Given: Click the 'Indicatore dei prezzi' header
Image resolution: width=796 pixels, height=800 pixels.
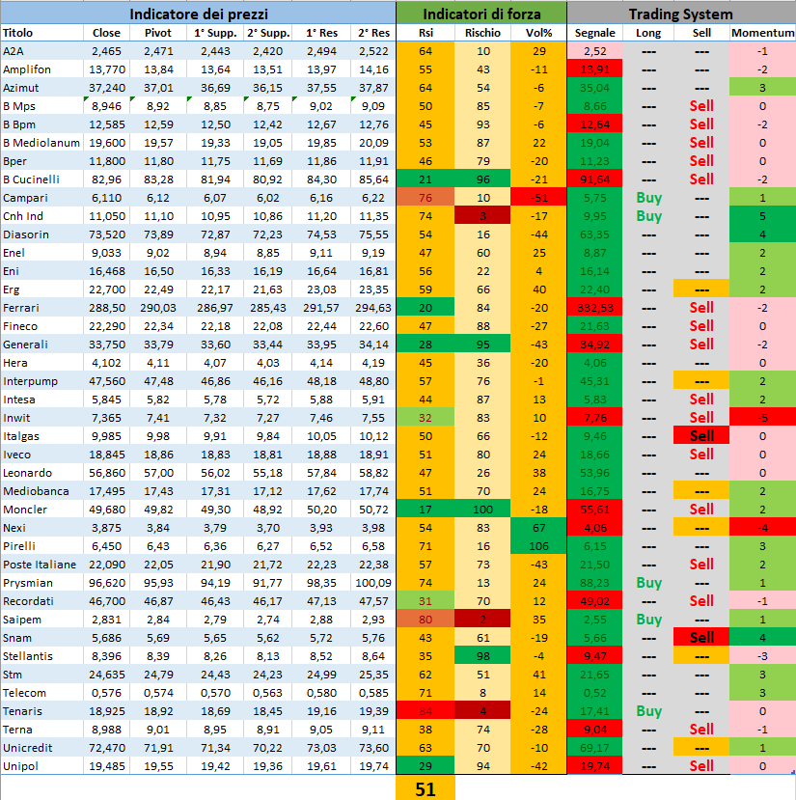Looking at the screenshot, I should pyautogui.click(x=199, y=14).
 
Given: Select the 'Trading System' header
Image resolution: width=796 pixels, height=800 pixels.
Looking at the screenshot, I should pyautogui.click(x=680, y=14).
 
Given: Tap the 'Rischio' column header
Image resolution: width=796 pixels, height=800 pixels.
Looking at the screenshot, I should pyautogui.click(x=482, y=33).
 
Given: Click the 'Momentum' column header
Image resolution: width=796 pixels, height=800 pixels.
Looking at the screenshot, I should pyautogui.click(x=762, y=33).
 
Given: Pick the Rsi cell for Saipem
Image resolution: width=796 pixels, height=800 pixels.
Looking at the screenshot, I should pyautogui.click(x=425, y=620).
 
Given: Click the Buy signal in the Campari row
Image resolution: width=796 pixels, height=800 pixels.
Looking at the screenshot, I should pyautogui.click(x=649, y=198).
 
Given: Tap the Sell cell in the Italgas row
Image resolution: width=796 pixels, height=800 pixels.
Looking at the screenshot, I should pyautogui.click(x=702, y=436).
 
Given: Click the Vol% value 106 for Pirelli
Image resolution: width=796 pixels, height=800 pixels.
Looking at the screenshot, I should pyautogui.click(x=539, y=546).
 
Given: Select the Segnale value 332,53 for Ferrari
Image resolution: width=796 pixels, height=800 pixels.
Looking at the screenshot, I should pyautogui.click(x=595, y=308).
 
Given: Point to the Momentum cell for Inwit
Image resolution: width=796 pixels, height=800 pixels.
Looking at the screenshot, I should pyautogui.click(x=762, y=418).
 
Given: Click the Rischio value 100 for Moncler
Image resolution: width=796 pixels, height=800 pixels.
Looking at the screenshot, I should pyautogui.click(x=482, y=510).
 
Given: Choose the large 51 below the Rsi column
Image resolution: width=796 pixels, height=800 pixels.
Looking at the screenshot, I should pyautogui.click(x=425, y=788).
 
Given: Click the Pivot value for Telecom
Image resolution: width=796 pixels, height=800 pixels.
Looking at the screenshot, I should pyautogui.click(x=159, y=693).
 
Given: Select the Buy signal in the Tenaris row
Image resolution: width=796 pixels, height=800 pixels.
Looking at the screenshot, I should pyautogui.click(x=649, y=711).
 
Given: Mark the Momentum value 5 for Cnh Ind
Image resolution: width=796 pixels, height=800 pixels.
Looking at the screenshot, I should pyautogui.click(x=762, y=216).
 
